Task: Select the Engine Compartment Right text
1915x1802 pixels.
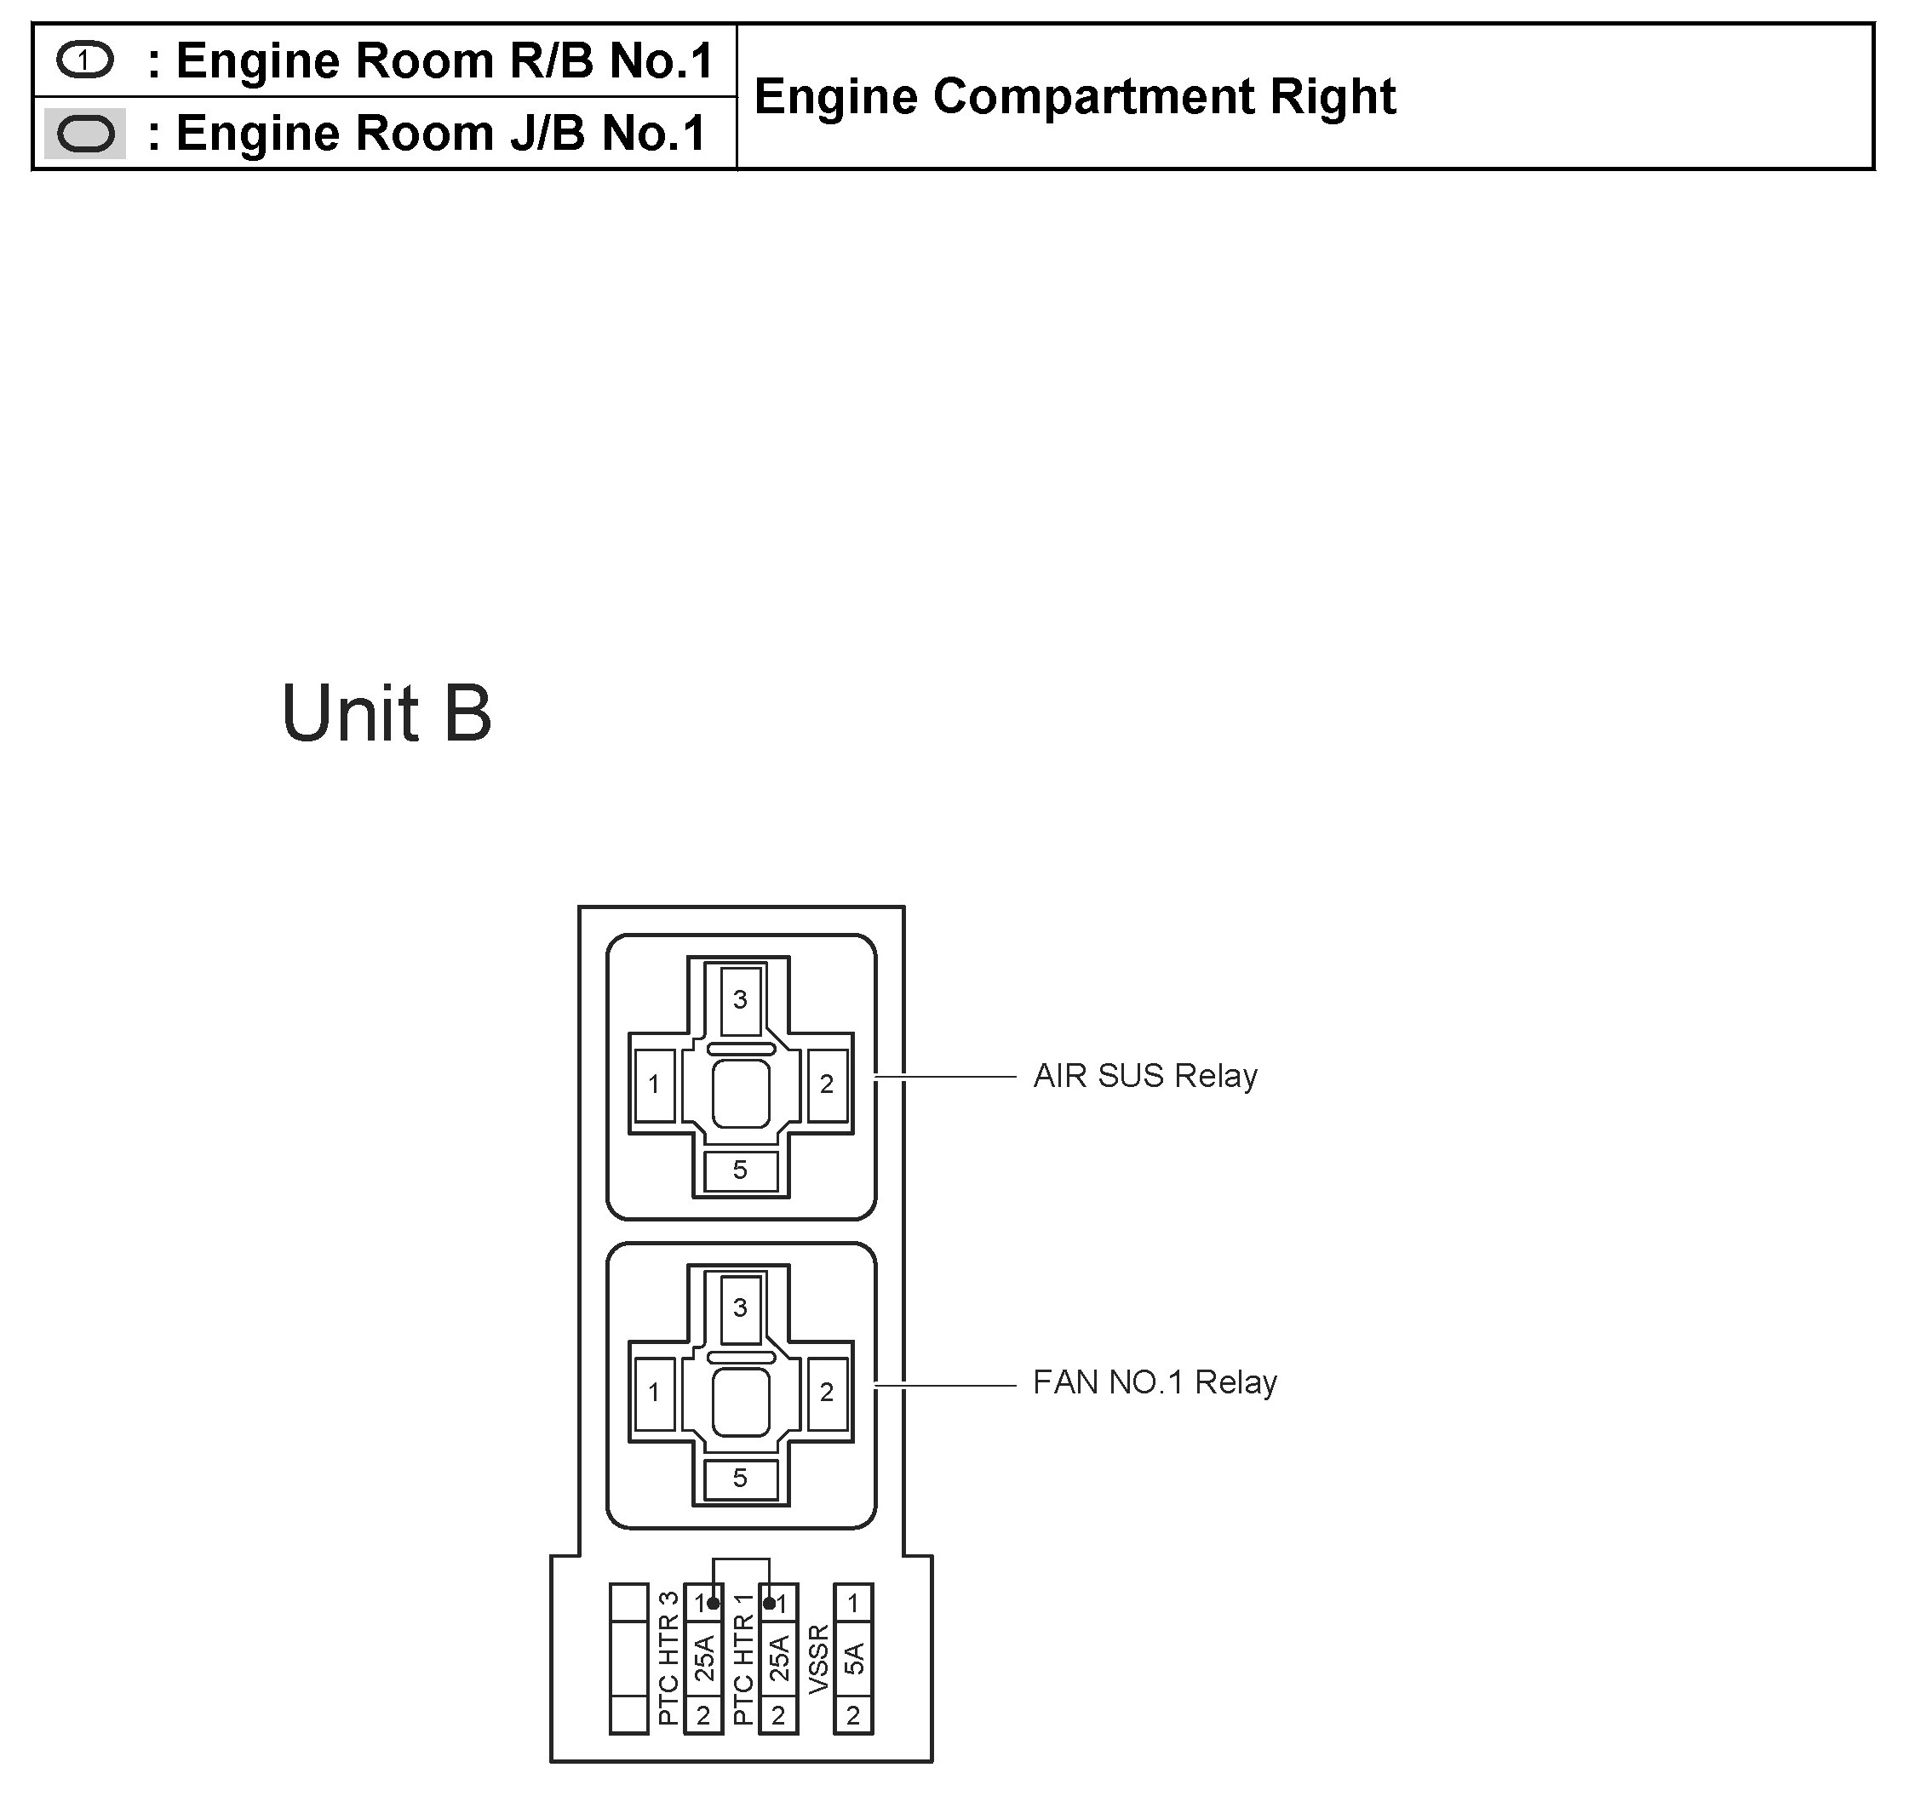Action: (x=1074, y=96)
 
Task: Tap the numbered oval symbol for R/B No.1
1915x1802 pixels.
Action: (x=85, y=60)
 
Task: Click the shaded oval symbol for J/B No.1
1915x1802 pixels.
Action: (x=85, y=133)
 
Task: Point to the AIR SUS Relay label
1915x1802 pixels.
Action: (x=1144, y=1076)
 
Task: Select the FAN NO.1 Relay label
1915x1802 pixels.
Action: (x=1154, y=1382)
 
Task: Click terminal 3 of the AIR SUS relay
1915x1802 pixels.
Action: (x=740, y=999)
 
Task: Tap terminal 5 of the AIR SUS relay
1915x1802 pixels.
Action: (x=740, y=1170)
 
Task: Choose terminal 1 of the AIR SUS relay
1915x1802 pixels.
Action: (x=654, y=1084)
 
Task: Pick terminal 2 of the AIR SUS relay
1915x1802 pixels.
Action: (x=827, y=1084)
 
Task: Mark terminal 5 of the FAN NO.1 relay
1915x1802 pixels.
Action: (x=740, y=1479)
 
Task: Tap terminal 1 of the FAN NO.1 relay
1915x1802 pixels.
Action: (x=654, y=1393)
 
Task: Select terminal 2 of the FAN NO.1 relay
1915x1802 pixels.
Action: (x=827, y=1393)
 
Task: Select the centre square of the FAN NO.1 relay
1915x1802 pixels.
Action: (x=741, y=1402)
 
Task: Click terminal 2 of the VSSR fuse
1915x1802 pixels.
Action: (x=853, y=1715)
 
